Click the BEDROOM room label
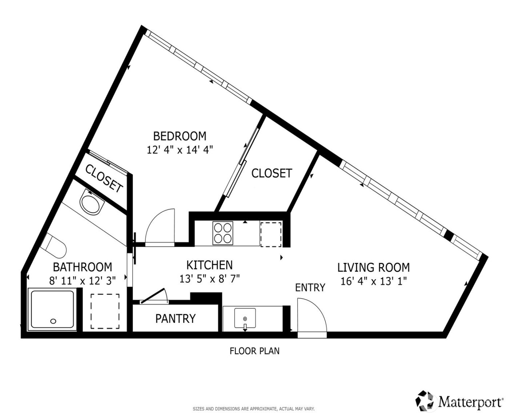[x=180, y=136]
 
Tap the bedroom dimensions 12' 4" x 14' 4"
[x=180, y=150]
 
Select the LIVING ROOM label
[x=373, y=268]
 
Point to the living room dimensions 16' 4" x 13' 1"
[x=373, y=281]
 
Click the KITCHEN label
[x=209, y=265]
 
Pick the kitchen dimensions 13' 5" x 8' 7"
[x=209, y=278]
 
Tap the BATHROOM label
[x=83, y=267]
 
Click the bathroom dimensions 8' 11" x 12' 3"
[x=83, y=280]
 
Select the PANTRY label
[x=175, y=318]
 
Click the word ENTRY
[x=310, y=288]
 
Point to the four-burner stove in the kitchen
[x=223, y=233]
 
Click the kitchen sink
[x=245, y=319]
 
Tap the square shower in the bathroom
[x=53, y=309]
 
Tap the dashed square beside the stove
[x=271, y=234]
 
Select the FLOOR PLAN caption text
[x=254, y=351]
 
